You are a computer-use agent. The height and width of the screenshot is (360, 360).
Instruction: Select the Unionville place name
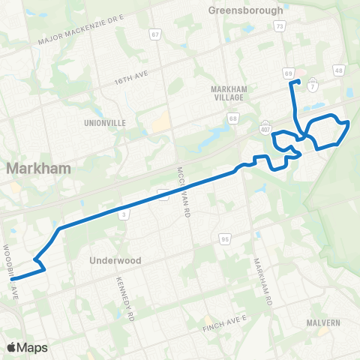(x=106, y=123)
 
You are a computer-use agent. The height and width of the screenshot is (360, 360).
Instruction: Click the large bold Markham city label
(x=39, y=169)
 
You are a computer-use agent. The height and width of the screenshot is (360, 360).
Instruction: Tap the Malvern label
(x=323, y=322)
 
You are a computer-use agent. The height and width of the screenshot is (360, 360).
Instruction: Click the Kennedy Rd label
(x=124, y=297)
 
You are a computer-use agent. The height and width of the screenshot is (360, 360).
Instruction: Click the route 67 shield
(x=155, y=34)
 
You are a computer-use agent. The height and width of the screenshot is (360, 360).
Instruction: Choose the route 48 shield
(x=339, y=70)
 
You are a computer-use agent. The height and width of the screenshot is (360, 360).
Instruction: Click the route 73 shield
(x=279, y=26)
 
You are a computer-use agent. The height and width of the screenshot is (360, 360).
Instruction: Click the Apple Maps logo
(x=27, y=347)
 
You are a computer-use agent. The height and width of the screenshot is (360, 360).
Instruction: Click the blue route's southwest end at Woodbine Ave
(x=13, y=279)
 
